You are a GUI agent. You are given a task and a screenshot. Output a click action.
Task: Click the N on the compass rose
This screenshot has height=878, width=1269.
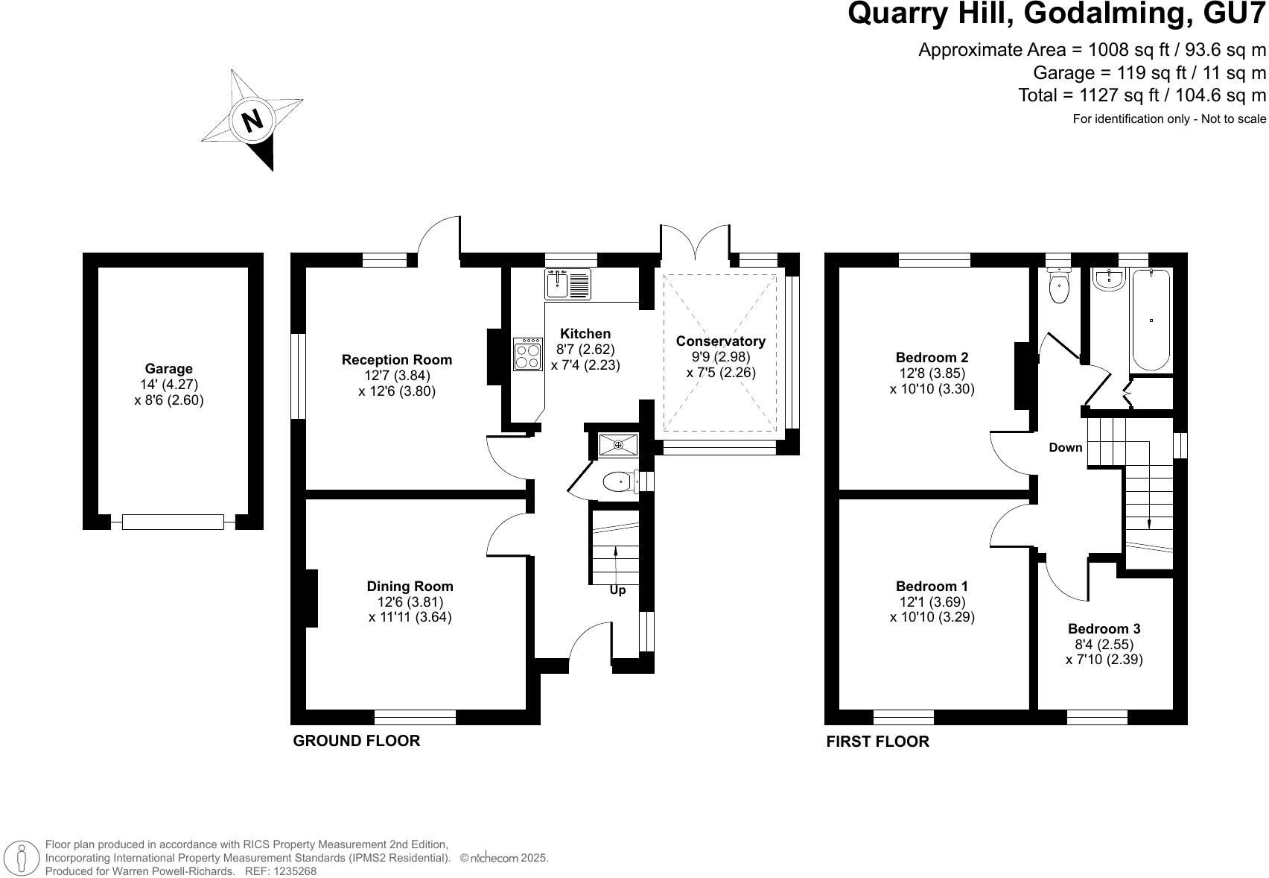252,120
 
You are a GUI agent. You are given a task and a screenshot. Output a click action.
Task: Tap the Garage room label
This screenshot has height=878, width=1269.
168,368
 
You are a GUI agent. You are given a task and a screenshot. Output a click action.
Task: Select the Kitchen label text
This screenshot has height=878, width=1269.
585,334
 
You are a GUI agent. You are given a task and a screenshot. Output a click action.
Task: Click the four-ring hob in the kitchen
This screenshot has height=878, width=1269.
527,354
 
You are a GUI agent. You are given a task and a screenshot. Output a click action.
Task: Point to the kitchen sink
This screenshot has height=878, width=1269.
567,283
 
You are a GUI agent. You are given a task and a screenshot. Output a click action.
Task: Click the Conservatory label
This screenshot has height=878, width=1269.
720,341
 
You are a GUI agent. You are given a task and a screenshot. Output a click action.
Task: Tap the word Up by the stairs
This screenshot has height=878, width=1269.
617,590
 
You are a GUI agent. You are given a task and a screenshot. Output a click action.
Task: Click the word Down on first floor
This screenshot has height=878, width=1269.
1065,447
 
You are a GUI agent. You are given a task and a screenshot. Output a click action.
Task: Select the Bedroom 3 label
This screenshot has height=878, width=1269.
1104,629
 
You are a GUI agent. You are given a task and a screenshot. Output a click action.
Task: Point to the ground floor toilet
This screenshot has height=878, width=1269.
617,483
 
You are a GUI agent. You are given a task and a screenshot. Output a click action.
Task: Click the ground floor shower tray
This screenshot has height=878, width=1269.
618,445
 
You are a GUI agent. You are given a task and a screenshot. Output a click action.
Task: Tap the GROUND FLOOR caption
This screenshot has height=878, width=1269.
356,741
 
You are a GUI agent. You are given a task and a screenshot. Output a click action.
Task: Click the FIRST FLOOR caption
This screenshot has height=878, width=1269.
877,742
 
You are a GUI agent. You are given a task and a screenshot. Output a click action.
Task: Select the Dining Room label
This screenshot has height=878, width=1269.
410,587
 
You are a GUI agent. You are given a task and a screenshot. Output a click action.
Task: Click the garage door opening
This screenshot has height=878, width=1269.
173,522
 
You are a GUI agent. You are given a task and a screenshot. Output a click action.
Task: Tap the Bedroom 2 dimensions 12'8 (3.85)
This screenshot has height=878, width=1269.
932,373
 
